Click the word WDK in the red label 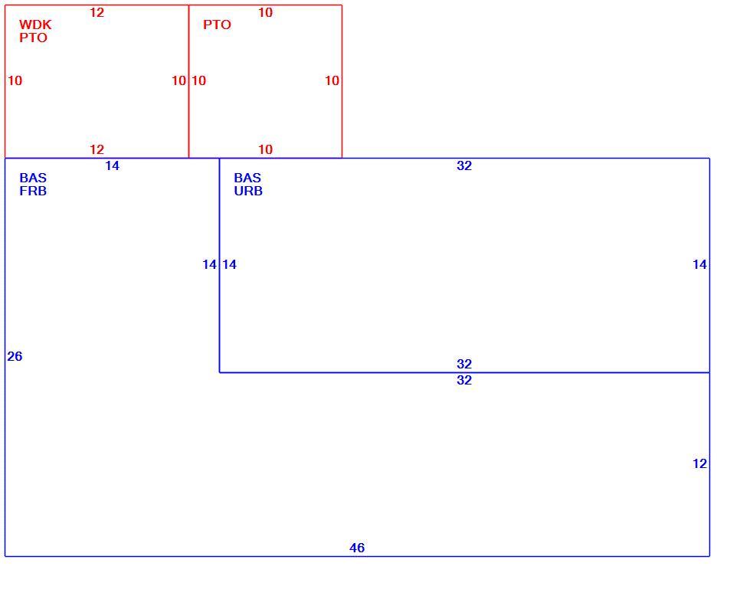pos(35,25)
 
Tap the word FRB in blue pos(33,191)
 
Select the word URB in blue pos(248,191)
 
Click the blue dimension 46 pos(357,548)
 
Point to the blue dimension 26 pos(15,356)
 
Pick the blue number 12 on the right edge pos(700,463)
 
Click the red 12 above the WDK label pos(97,12)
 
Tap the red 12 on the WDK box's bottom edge pos(97,150)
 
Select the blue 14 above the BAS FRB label pos(113,166)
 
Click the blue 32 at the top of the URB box pos(464,166)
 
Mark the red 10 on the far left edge pos(15,80)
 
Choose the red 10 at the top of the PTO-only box pos(265,12)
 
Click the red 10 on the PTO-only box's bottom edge pos(265,150)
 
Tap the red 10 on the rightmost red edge pos(332,80)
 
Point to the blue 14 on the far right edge pos(700,264)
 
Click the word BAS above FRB pos(33,178)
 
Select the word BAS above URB pos(247,178)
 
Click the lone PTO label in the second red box pos(217,25)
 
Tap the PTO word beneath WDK pos(33,38)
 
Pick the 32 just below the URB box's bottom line pos(464,380)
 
